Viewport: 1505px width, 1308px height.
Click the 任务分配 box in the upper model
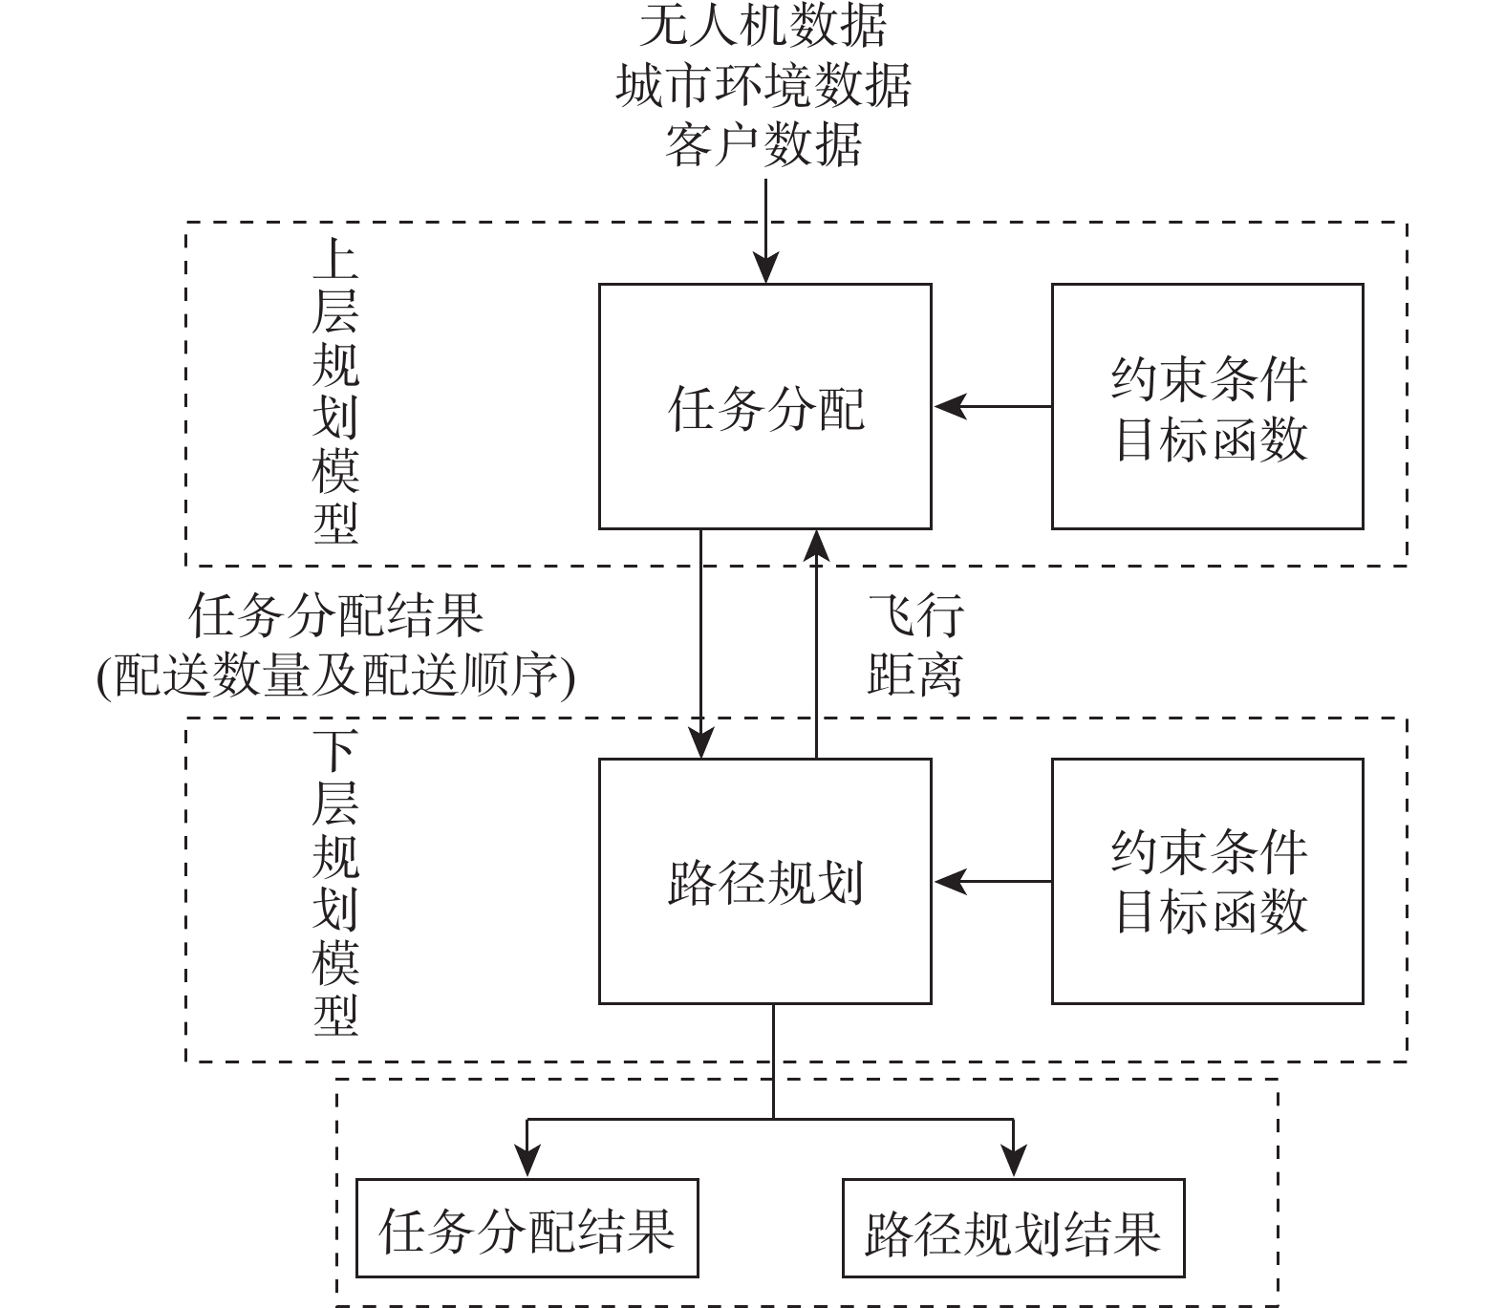(x=764, y=406)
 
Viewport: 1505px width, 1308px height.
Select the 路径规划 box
(x=764, y=881)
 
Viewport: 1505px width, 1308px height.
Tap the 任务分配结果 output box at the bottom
(x=527, y=1229)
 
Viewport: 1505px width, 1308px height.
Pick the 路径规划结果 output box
(x=1013, y=1229)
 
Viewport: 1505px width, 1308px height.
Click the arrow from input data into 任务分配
(x=765, y=229)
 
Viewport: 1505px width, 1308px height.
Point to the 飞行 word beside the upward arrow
(x=914, y=615)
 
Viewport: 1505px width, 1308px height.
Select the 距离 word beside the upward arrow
(x=914, y=675)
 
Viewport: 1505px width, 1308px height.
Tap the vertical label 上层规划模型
(x=335, y=392)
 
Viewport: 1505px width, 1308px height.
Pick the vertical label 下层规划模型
(x=335, y=884)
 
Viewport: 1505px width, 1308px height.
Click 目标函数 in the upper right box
(x=1209, y=440)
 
